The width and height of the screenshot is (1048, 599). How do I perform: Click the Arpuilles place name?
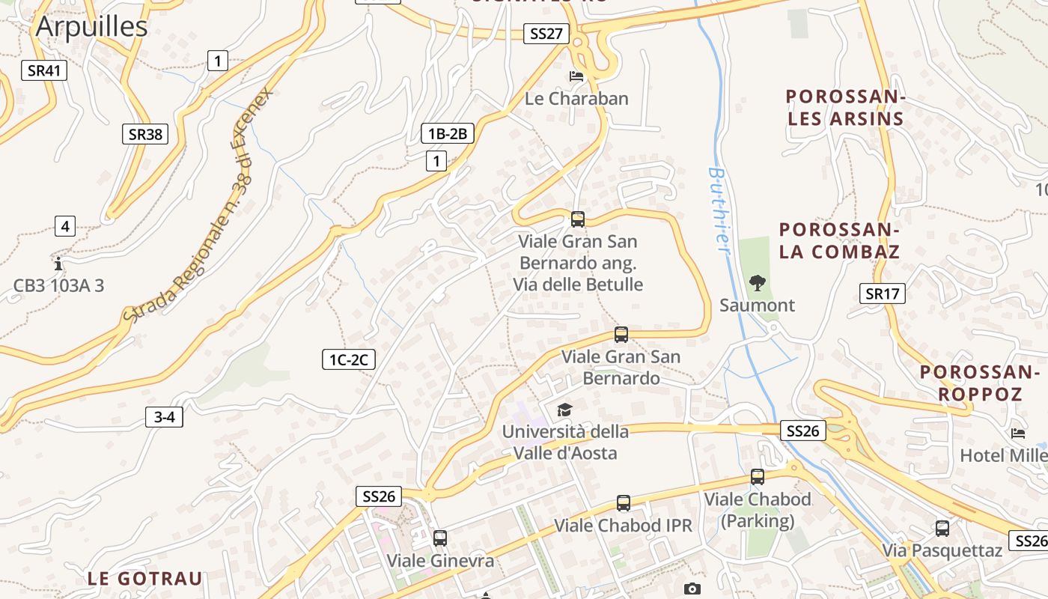coord(91,27)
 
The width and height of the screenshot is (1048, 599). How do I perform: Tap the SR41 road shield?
coord(44,71)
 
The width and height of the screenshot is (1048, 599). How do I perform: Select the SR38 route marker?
coord(145,135)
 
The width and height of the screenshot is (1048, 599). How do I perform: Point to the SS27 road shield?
coord(546,34)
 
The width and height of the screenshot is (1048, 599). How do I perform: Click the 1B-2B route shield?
coord(448,134)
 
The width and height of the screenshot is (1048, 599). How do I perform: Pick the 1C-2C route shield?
coord(348,360)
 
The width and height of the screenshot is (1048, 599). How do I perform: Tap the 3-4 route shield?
coord(164,417)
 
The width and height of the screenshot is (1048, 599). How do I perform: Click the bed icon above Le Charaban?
coord(576,76)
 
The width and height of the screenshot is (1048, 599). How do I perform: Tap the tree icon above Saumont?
coord(757,283)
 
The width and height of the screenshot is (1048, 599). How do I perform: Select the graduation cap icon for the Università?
coord(564,410)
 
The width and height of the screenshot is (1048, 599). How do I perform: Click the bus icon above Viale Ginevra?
coord(440,538)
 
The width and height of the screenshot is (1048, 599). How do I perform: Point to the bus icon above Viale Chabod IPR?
coord(624,502)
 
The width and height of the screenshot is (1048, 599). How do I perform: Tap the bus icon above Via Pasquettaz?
coord(942,528)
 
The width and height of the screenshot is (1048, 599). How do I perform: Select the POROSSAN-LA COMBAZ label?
coord(839,240)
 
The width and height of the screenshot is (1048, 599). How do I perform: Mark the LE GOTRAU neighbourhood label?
coord(144,579)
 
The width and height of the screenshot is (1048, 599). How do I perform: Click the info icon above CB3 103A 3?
coord(58,264)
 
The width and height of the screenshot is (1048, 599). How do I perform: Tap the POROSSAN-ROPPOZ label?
coord(980,383)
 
